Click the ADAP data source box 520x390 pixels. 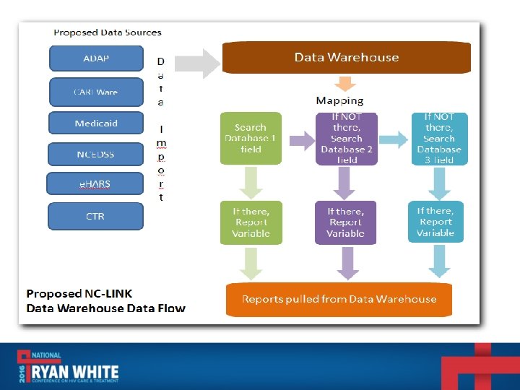point(96,58)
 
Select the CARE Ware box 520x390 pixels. point(96,92)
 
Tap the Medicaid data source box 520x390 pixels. point(96,123)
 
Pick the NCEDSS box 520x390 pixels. point(96,154)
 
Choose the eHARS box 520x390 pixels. point(95,184)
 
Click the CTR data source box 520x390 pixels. point(95,216)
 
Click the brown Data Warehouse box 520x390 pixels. point(346,58)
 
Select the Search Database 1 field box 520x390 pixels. point(251,138)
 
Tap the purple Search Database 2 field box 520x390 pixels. point(346,138)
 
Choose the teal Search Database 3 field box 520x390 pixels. point(439,138)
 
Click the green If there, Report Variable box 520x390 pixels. point(251,222)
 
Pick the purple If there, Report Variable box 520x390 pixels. point(346,222)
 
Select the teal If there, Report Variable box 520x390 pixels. point(435,222)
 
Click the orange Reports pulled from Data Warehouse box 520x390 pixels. point(339,299)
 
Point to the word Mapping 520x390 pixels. point(339,100)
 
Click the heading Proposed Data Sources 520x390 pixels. point(108,32)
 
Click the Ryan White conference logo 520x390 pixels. point(69,366)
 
